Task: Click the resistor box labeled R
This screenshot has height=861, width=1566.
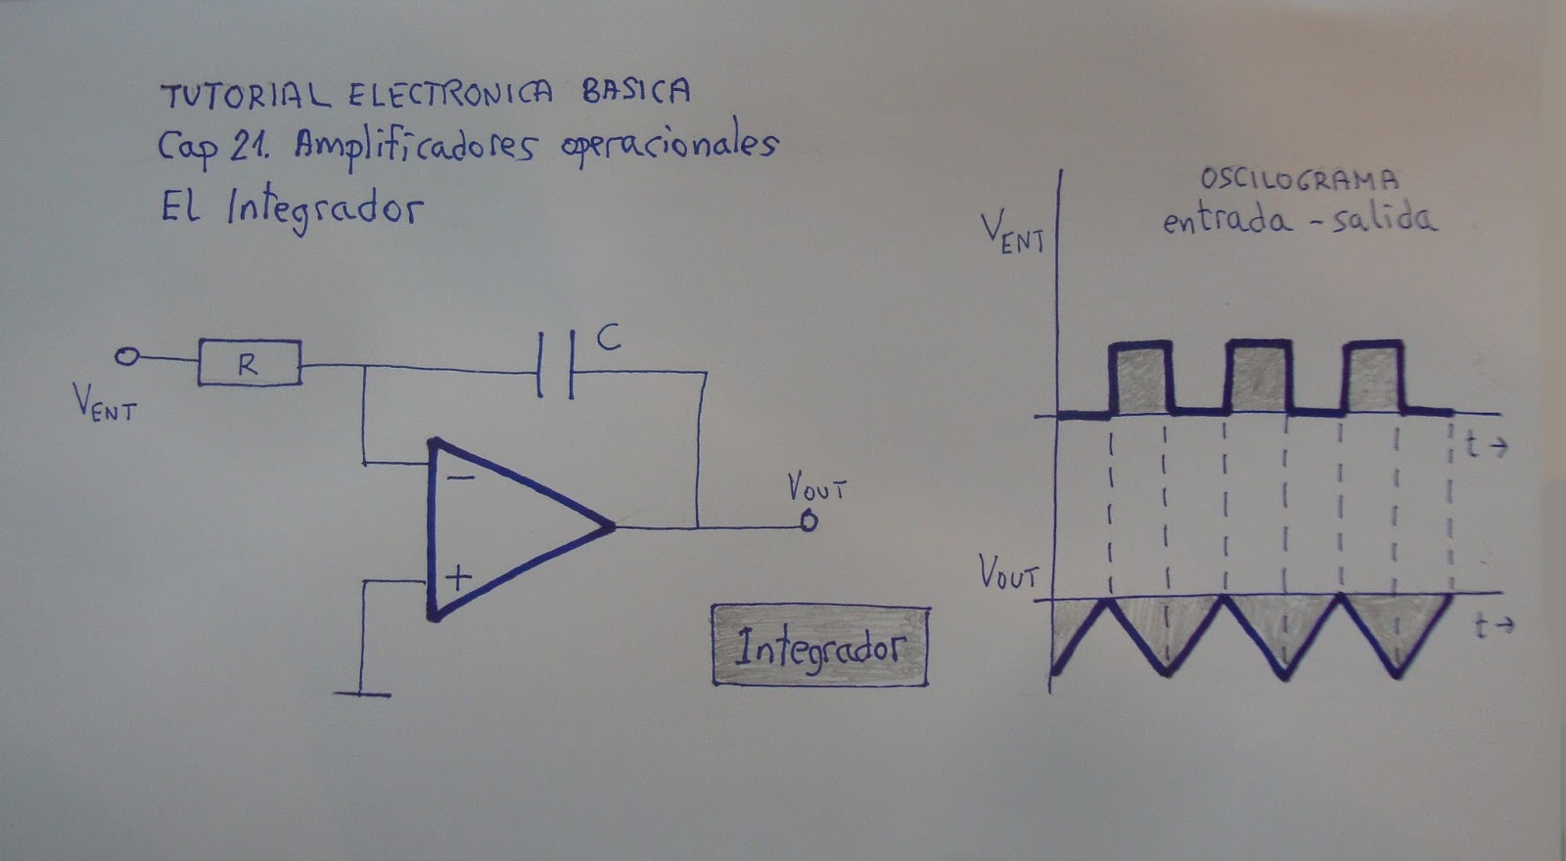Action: pyautogui.click(x=250, y=363)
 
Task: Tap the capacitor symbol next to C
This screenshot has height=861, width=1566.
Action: pyautogui.click(x=556, y=365)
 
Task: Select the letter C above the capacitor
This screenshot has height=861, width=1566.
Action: pyautogui.click(x=608, y=339)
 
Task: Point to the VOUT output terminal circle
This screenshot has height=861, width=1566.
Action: pyautogui.click(x=807, y=522)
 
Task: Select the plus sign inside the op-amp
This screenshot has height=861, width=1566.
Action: pyautogui.click(x=457, y=577)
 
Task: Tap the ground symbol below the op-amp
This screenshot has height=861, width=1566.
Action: pyautogui.click(x=362, y=694)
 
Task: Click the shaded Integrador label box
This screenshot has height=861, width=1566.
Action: pyautogui.click(x=820, y=646)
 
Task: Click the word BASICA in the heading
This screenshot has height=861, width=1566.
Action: pyautogui.click(x=636, y=91)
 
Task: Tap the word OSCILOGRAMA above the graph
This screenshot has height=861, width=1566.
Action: pyautogui.click(x=1299, y=180)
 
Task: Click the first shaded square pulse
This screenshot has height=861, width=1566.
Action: pyautogui.click(x=1139, y=380)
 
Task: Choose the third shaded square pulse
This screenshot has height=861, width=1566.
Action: pyautogui.click(x=1374, y=380)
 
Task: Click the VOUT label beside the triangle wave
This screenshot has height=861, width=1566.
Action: pyautogui.click(x=1008, y=573)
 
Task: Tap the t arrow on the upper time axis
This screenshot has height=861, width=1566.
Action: pyautogui.click(x=1486, y=446)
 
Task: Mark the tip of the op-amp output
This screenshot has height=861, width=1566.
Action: pyautogui.click(x=612, y=526)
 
